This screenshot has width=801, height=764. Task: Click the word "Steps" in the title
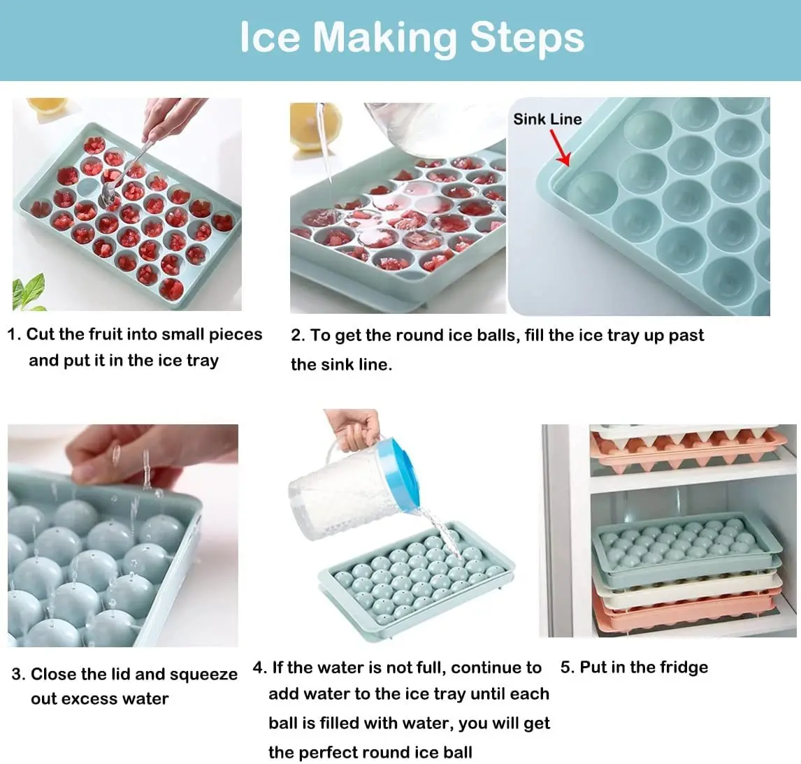pos(527,37)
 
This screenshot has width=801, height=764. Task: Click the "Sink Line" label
pos(547,119)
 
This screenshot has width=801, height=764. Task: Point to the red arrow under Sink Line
pos(561,149)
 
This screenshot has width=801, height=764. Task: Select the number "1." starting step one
pos(14,334)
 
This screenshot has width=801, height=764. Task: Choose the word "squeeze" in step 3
pos(203,675)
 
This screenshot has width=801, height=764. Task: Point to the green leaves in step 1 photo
pos(29,292)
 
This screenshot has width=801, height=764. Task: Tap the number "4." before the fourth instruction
pos(259,668)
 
